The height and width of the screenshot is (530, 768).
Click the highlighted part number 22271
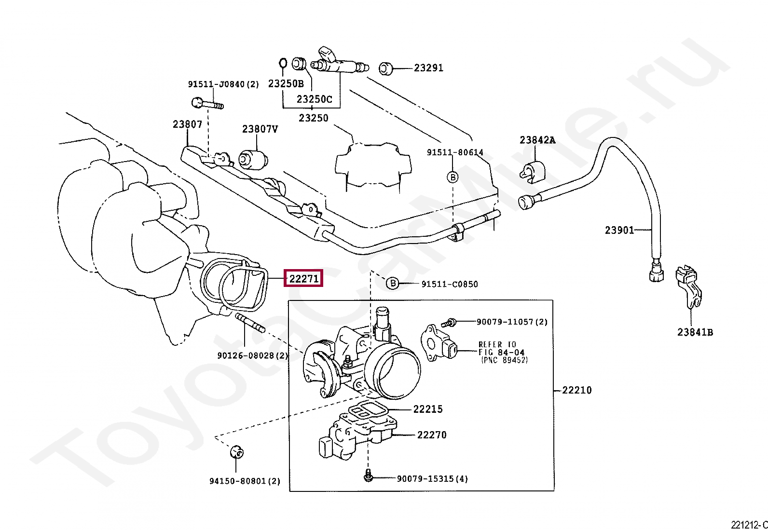pyautogui.click(x=303, y=279)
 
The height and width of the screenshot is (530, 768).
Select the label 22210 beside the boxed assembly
pyautogui.click(x=576, y=390)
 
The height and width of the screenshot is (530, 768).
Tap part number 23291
pyautogui.click(x=428, y=68)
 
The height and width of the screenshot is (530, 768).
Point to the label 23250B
pyautogui.click(x=286, y=83)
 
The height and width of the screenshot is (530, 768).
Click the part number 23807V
pyautogui.click(x=260, y=129)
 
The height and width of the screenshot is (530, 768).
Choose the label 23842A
pyautogui.click(x=537, y=140)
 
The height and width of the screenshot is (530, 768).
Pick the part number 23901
pyautogui.click(x=619, y=230)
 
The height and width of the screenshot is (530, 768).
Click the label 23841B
pyautogui.click(x=695, y=332)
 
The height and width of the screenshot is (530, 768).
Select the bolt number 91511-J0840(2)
pyautogui.click(x=223, y=84)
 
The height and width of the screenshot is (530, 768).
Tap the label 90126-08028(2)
pyautogui.click(x=252, y=355)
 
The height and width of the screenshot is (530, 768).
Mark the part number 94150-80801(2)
pyautogui.click(x=245, y=481)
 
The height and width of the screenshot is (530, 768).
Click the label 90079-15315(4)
pyautogui.click(x=432, y=478)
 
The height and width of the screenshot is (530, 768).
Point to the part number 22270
pyautogui.click(x=432, y=435)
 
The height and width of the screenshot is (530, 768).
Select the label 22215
pyautogui.click(x=427, y=409)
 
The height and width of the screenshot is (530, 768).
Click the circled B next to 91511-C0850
pyautogui.click(x=393, y=284)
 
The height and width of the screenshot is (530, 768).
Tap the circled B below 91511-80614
pyautogui.click(x=453, y=177)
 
